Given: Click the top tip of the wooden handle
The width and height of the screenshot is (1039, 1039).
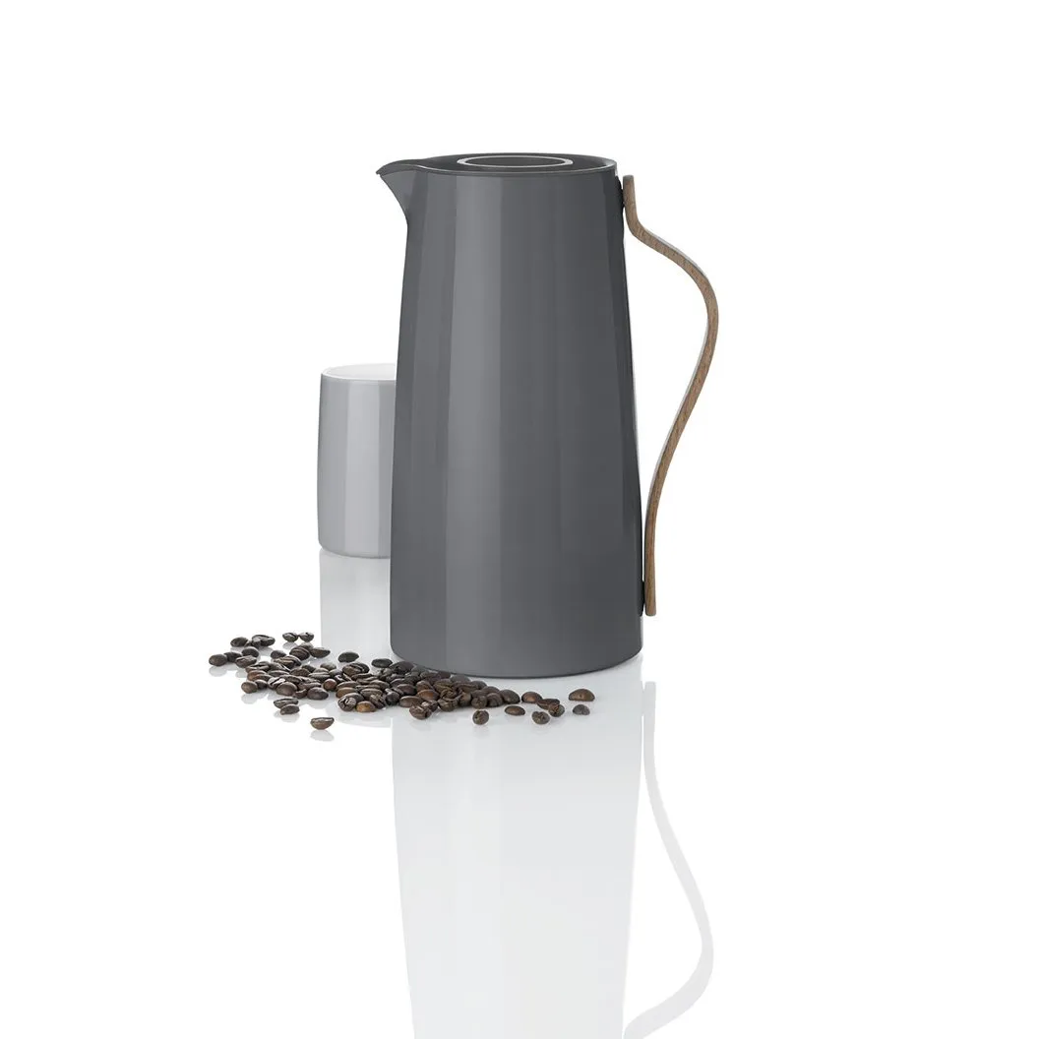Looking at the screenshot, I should coord(626,180).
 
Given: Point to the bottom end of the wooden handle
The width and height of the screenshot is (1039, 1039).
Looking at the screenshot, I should coord(648,610).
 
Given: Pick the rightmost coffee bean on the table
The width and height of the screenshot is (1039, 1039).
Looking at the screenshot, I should coord(581,695).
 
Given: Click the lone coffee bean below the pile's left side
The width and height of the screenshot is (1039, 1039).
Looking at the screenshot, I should coord(322,723).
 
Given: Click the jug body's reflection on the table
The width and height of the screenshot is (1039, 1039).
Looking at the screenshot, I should coord(512,866).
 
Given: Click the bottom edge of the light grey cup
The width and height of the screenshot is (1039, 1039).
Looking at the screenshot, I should coord(354,555).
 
